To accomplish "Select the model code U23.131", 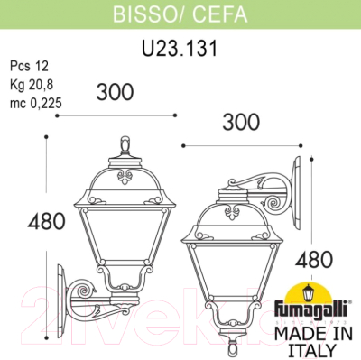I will [180, 42].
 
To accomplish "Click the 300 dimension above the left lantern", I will [115, 91].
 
